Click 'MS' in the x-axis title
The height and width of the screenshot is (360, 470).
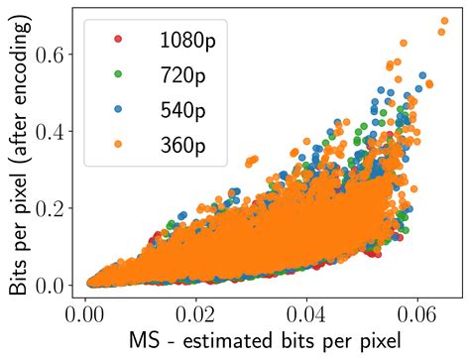click(146, 342)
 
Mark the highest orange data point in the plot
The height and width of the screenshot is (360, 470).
click(403, 43)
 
